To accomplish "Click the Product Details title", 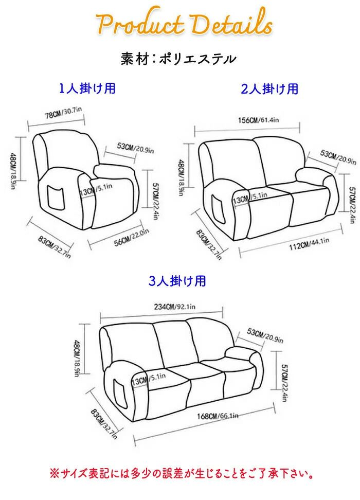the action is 184,22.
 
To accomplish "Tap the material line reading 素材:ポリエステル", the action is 178,59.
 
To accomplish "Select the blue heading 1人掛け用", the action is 87,88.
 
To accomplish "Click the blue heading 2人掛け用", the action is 269,89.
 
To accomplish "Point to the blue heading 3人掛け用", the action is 177,281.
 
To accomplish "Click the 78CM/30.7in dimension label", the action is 63,113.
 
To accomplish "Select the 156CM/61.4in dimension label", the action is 259,120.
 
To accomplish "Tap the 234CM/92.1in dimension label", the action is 175,307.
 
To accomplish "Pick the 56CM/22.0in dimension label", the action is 131,238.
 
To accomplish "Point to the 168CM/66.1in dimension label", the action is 218,416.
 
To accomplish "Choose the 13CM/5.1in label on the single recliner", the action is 96,189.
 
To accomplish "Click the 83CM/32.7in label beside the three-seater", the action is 104,423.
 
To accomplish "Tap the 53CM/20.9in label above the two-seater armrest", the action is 338,157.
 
